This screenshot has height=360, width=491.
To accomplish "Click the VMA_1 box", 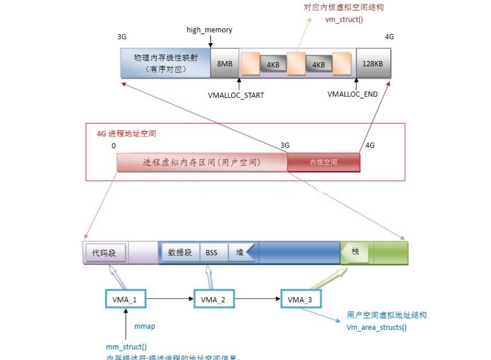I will (x=125, y=299).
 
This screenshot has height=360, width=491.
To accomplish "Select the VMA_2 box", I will (x=213, y=299).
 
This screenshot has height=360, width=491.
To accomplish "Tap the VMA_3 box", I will (x=300, y=299).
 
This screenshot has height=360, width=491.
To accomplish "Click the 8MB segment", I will (x=225, y=63).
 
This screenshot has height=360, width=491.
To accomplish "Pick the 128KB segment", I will (x=372, y=63).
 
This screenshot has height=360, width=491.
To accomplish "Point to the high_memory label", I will (x=209, y=30).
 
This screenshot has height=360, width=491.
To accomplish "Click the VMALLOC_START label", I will (x=236, y=95).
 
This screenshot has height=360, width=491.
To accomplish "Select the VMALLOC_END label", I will (x=353, y=95).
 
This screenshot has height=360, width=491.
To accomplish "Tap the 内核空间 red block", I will (x=323, y=162).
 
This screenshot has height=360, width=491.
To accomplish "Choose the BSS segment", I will (x=211, y=252).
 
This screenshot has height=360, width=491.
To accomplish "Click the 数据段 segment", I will (x=180, y=252).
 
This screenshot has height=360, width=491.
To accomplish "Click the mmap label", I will (x=145, y=327).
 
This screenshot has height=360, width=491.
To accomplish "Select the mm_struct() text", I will (x=126, y=346).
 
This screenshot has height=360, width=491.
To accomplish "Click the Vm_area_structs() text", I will (x=377, y=328).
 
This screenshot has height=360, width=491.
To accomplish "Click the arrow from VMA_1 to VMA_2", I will (x=170, y=299).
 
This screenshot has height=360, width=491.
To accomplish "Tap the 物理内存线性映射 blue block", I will (x=165, y=63).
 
